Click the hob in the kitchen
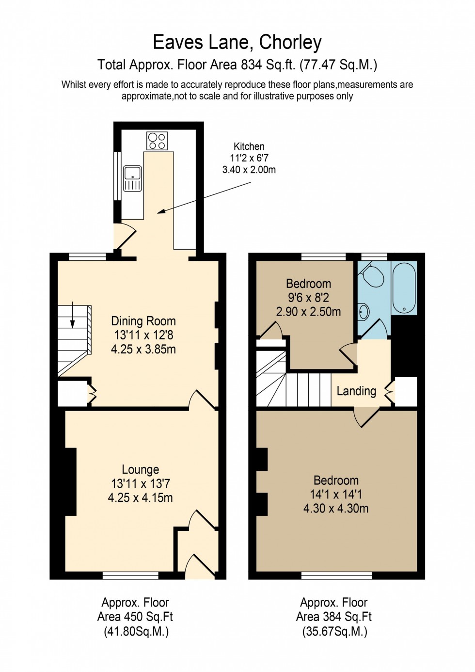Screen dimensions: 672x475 coord(157,141)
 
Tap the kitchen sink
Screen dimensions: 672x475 coord(132,178)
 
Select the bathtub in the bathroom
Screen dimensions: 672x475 coord(404,288)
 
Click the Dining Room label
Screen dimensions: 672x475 coord(143,321)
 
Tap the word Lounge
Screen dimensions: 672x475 coord(141,469)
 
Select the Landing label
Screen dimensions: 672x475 coord(356,391)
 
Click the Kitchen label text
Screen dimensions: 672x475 coord(249,146)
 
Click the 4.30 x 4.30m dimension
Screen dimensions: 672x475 coord(336,509)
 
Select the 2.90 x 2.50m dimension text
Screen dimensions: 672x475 coord(308,312)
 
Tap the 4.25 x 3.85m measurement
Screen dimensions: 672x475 coord(143,349)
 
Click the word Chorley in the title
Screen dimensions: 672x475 coord(290,43)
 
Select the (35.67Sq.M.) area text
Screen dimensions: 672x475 coord(334,631)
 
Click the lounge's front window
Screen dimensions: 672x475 coord(130,576)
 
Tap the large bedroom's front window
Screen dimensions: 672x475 coord(336,576)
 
